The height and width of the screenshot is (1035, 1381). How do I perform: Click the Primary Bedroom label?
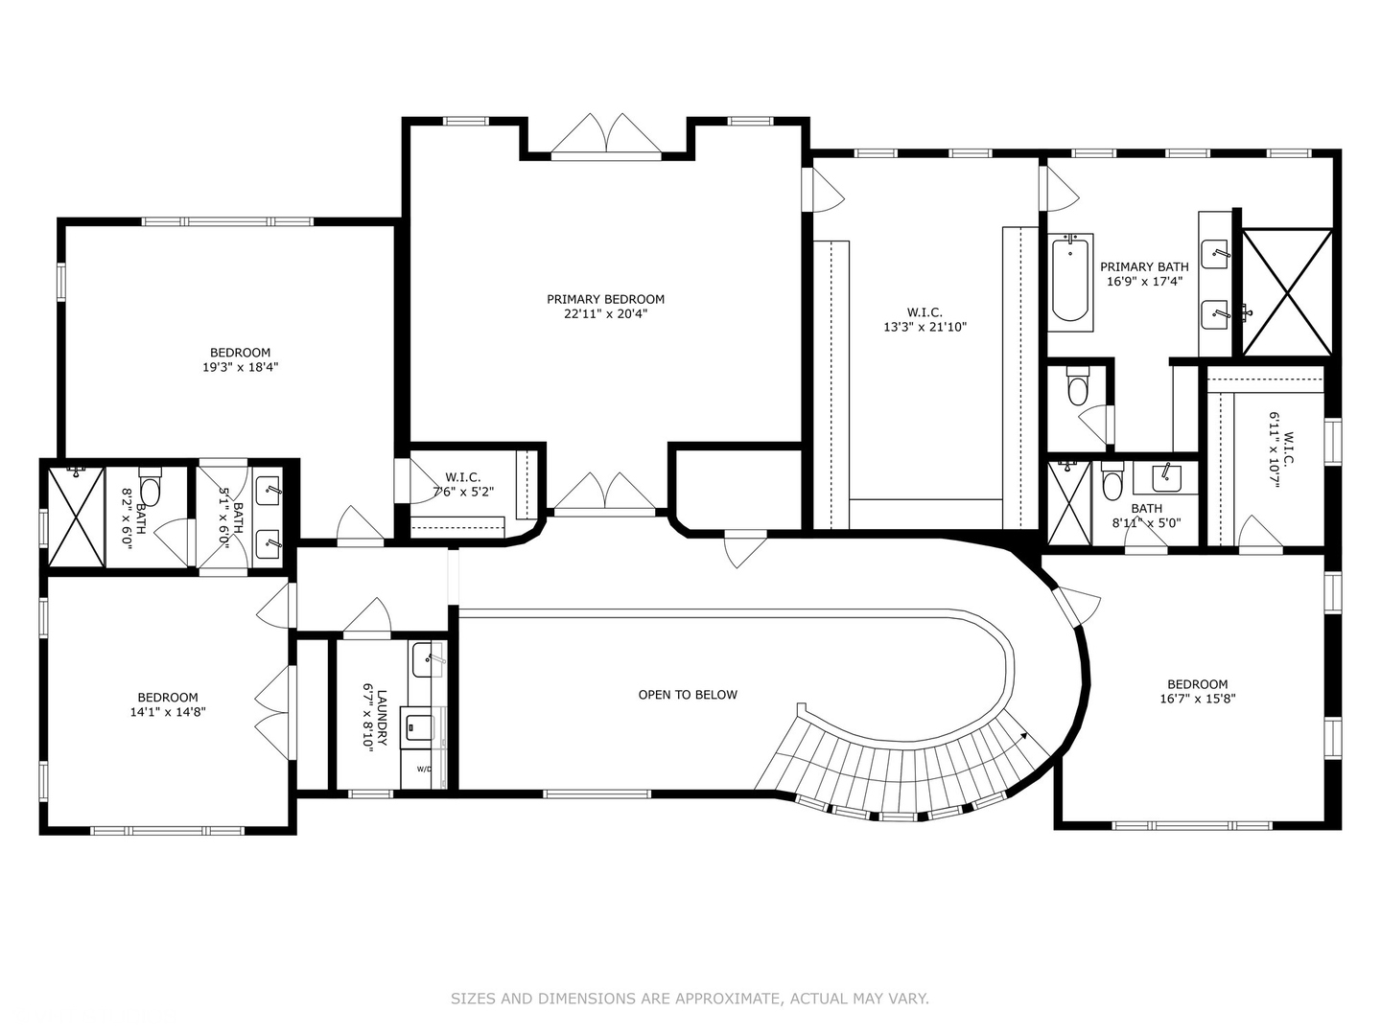(x=605, y=299)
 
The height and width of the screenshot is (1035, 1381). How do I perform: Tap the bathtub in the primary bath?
(x=1070, y=282)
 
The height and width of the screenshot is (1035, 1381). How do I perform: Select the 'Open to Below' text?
(x=688, y=695)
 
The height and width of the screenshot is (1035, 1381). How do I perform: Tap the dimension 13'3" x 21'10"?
(x=925, y=327)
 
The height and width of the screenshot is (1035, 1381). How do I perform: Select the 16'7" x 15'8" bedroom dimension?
(x=1198, y=699)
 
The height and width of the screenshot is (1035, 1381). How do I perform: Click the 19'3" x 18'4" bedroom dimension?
(x=241, y=367)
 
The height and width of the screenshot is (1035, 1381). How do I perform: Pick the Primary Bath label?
(x=1144, y=266)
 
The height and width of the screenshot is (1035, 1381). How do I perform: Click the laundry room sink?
(x=428, y=659)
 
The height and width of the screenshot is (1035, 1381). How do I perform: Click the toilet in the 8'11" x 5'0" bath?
(x=1112, y=481)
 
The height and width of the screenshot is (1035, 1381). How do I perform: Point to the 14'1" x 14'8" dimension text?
(x=168, y=711)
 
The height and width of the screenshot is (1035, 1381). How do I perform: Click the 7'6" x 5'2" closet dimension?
(x=463, y=492)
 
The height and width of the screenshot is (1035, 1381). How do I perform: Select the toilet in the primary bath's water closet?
(x=1077, y=384)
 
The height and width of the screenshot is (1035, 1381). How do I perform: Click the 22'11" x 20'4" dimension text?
(x=605, y=314)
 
